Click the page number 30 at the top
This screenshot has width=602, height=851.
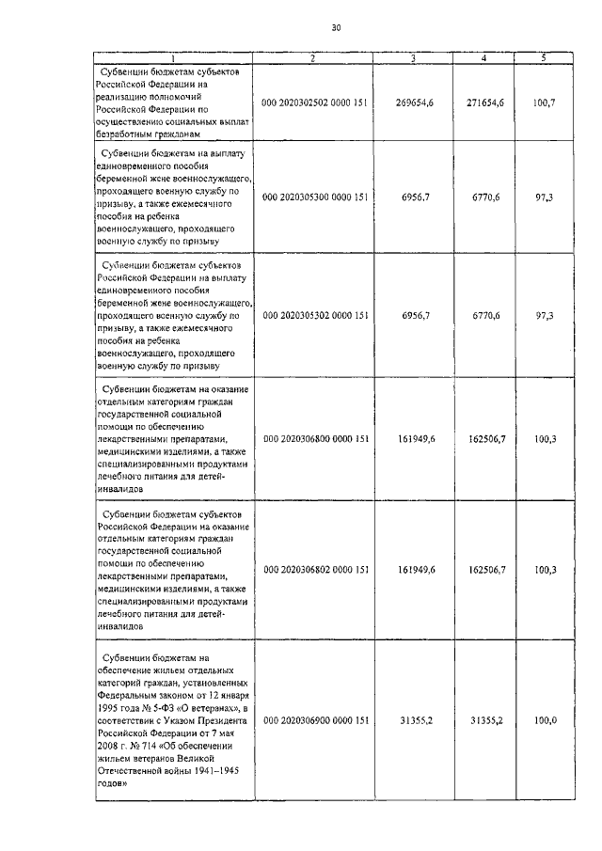pyautogui.click(x=337, y=27)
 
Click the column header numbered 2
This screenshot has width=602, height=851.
pyautogui.click(x=312, y=59)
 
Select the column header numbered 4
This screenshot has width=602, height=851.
pyautogui.click(x=483, y=59)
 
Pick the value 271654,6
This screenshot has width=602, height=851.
pyautogui.click(x=485, y=102)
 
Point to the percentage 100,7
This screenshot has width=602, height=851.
pyautogui.click(x=545, y=102)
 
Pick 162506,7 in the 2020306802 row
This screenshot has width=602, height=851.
pyautogui.click(x=486, y=570)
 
